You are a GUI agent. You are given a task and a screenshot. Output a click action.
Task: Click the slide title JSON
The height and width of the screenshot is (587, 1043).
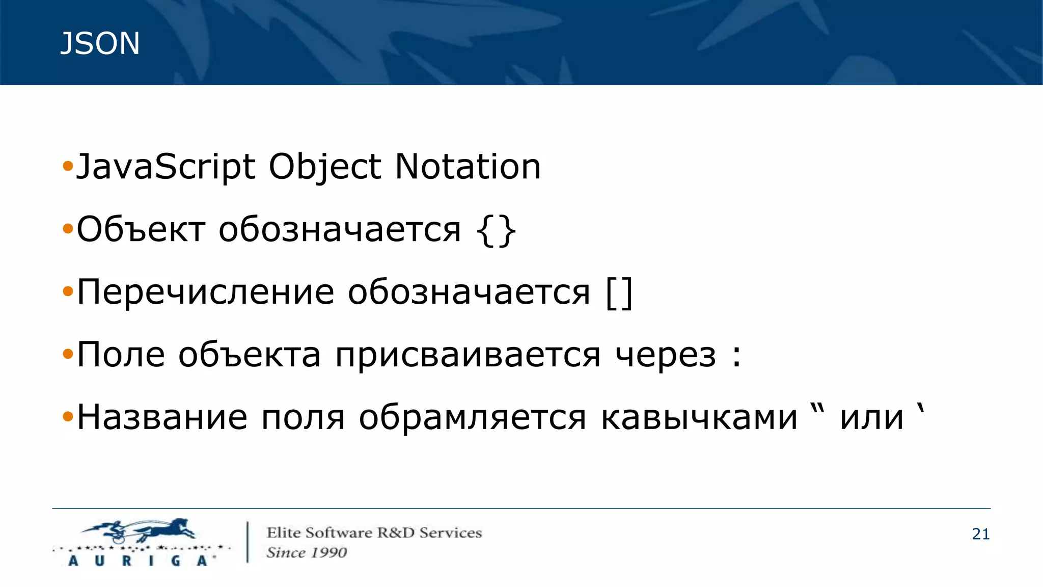pyautogui.click(x=100, y=43)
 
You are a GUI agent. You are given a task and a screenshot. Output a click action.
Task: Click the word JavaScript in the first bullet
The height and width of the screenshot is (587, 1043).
pyautogui.click(x=166, y=167)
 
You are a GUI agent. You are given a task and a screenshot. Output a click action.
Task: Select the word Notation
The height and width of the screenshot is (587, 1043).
pyautogui.click(x=468, y=167)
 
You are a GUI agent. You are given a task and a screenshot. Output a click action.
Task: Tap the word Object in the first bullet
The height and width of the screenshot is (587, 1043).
pyautogui.click(x=324, y=167)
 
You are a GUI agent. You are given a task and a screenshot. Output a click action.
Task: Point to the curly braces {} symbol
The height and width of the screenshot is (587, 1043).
pyautogui.click(x=497, y=231)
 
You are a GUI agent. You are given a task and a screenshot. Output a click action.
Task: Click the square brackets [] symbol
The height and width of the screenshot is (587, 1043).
pyautogui.click(x=620, y=293)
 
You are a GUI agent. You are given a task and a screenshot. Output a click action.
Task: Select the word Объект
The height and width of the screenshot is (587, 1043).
pyautogui.click(x=141, y=230)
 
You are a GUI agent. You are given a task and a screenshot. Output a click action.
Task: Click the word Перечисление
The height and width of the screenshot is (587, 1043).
pyautogui.click(x=205, y=292)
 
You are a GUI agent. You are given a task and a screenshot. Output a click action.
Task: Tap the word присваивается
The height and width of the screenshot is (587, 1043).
pyautogui.click(x=468, y=355)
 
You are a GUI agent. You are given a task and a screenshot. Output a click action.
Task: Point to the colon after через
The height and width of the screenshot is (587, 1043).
pyautogui.click(x=736, y=356)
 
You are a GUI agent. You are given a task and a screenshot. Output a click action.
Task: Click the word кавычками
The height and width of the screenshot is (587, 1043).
pyautogui.click(x=699, y=418)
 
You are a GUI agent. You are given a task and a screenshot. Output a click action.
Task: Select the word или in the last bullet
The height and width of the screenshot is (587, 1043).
pyautogui.click(x=871, y=418)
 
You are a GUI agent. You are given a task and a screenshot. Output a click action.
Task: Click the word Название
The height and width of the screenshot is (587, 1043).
pyautogui.click(x=162, y=418)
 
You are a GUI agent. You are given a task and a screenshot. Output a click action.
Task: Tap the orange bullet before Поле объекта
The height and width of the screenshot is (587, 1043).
pyautogui.click(x=68, y=354)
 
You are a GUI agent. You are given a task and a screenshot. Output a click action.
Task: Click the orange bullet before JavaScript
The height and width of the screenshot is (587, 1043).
pyautogui.click(x=68, y=166)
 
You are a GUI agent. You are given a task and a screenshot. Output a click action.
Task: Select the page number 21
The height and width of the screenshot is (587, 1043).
pyautogui.click(x=980, y=534)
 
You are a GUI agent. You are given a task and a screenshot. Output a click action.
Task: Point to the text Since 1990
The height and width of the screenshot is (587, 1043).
pyautogui.click(x=307, y=552)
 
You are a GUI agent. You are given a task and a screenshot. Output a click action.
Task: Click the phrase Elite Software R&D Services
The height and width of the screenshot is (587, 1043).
pyautogui.click(x=374, y=533)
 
